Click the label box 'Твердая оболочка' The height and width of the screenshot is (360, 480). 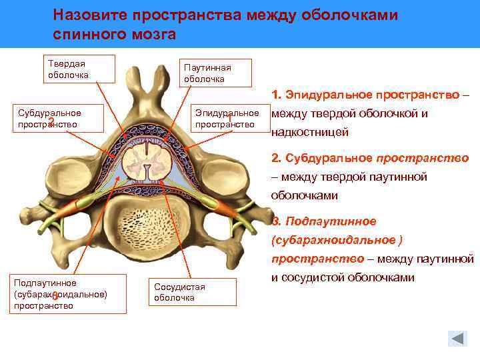tap(79, 69)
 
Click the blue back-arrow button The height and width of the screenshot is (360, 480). tap(457, 338)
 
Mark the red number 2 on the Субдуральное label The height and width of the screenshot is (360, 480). tap(51, 121)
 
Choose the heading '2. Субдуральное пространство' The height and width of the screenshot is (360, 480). tap(370, 158)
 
